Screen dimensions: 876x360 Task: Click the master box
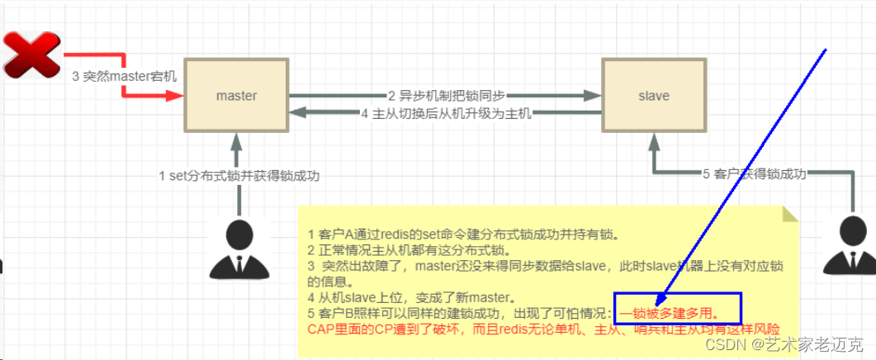[236, 95]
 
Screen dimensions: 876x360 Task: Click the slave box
[653, 95]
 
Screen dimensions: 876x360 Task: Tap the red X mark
[31, 54]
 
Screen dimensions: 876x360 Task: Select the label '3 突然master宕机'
[124, 76]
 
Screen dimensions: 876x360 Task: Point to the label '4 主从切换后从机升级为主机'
[446, 113]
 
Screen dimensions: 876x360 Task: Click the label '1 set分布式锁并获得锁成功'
[239, 175]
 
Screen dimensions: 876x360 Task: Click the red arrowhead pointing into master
[175, 96]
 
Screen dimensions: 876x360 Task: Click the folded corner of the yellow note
[790, 215]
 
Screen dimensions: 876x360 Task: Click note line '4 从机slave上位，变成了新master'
[410, 297]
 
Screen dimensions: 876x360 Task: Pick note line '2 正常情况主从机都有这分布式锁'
[409, 249]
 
